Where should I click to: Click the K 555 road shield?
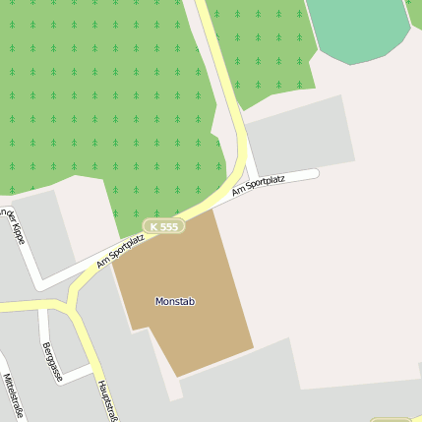[x=163, y=226]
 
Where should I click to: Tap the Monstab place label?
[x=175, y=301]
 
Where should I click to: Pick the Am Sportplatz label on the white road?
[x=258, y=183]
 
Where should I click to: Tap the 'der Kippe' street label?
[x=13, y=226]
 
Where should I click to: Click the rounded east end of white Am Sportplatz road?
[x=315, y=174]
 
